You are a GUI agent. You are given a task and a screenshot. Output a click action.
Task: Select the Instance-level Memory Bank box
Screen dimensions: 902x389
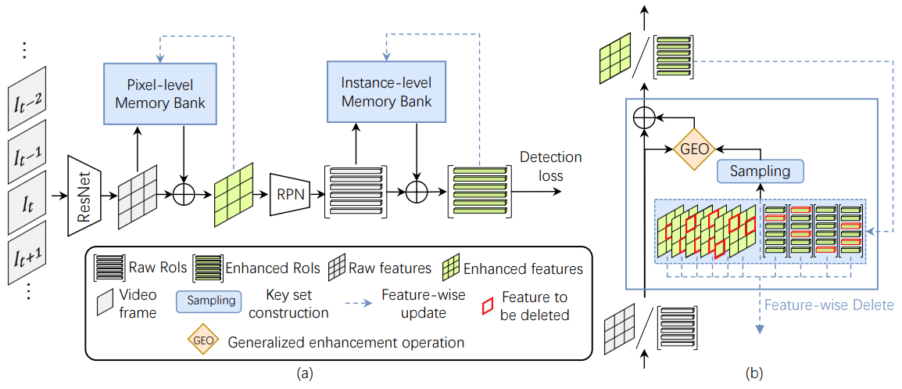pos(387,92)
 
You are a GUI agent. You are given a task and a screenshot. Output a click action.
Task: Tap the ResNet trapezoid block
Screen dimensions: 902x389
pos(84,196)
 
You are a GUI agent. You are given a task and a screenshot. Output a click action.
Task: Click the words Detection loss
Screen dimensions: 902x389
pos(550,165)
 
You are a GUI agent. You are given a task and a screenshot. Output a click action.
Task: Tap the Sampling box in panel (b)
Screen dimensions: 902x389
pos(760,171)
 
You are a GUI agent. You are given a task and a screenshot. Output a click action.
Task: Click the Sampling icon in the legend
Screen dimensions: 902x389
pos(208,301)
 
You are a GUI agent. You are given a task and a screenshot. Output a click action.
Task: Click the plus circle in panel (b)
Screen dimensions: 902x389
pos(644,119)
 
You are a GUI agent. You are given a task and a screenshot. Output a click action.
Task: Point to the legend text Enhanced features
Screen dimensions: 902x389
pos(523,268)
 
